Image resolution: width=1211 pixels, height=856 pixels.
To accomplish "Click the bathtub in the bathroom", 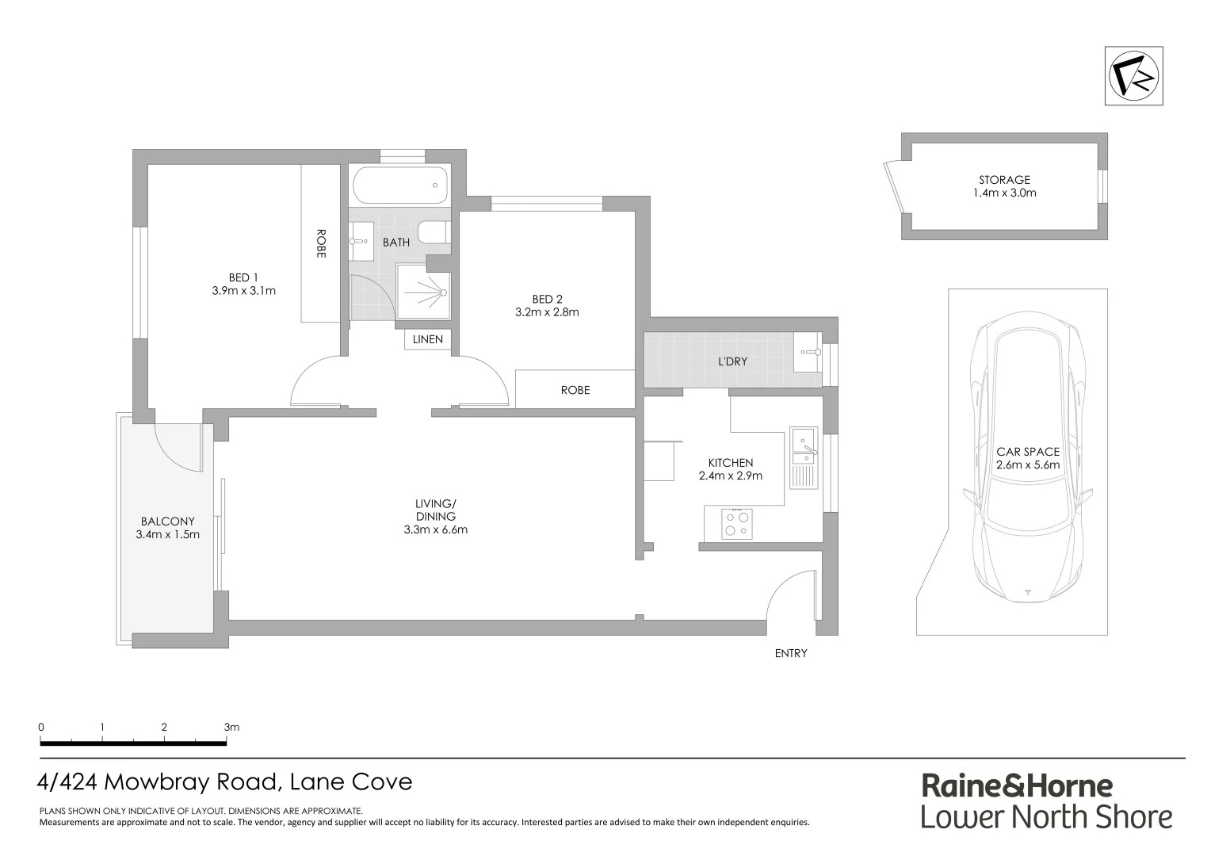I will (399, 185).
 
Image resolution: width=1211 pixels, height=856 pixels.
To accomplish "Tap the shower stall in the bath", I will (423, 292).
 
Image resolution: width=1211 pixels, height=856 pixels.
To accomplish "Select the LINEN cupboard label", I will (428, 339).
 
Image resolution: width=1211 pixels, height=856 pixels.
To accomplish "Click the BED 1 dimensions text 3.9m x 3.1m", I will (243, 290).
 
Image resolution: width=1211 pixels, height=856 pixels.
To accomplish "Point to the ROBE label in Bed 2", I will (575, 390).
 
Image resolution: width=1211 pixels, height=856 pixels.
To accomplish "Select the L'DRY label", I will (732, 361).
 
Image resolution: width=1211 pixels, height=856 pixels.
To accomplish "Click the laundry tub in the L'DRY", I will (808, 351).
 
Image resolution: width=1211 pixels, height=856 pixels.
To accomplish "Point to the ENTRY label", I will (790, 653).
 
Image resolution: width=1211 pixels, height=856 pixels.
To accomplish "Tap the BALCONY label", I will (167, 521).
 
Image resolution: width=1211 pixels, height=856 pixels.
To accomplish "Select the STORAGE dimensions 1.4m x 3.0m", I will (1004, 193).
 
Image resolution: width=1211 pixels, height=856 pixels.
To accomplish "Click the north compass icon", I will (1133, 75).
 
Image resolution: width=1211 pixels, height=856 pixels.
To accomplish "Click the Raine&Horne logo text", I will (1017, 785).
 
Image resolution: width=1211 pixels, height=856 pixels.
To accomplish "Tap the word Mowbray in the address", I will (159, 782).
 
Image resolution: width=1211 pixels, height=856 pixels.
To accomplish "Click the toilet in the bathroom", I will (433, 233).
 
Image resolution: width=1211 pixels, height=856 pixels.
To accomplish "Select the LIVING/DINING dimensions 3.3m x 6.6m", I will (435, 529).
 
